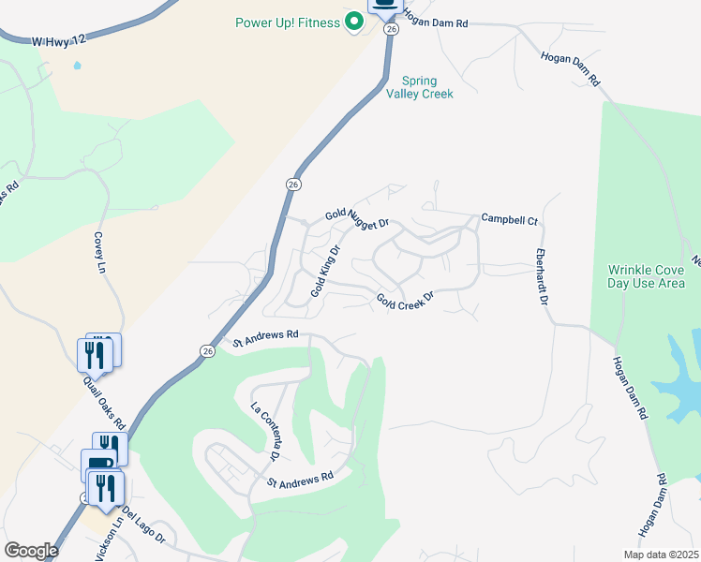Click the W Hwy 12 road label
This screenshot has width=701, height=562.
pos(59,41)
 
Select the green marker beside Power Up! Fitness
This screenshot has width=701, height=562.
pos(354,21)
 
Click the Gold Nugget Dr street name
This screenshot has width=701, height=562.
pos(357,220)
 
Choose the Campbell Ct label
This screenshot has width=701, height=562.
pos(509,220)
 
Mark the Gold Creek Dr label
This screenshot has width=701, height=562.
pos(406,300)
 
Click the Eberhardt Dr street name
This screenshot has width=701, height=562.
pos(541,277)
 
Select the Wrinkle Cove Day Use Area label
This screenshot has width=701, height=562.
pos(646,276)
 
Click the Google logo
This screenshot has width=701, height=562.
pos(31,551)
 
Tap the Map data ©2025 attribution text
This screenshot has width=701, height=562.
pos(660,555)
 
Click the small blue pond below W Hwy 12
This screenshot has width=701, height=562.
pos(76,67)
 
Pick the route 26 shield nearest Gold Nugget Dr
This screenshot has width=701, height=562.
pos(293,185)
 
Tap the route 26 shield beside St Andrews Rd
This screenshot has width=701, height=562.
pos(206,351)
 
